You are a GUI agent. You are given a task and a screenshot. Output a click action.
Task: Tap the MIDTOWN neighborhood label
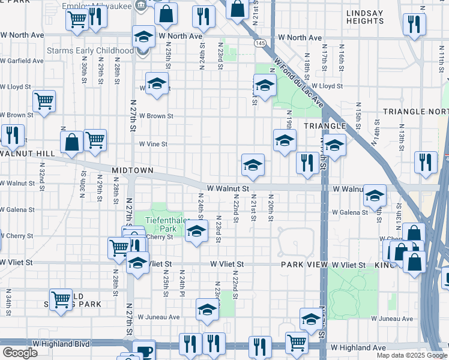click(133, 171)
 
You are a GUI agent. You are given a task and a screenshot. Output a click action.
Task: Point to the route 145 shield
click(260, 44)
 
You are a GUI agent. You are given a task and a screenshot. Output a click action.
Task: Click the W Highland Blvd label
click(61, 344)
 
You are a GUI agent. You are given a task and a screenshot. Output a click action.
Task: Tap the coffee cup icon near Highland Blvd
click(143, 350)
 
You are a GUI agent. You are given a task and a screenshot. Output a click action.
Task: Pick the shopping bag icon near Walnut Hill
click(71, 142)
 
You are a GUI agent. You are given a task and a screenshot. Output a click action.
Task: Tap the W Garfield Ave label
click(22, 61)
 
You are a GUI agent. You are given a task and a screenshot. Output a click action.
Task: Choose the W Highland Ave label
click(359, 347)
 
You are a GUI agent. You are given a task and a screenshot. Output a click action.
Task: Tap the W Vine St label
click(153, 144)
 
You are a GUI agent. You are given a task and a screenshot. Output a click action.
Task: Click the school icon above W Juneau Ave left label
click(207, 310)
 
